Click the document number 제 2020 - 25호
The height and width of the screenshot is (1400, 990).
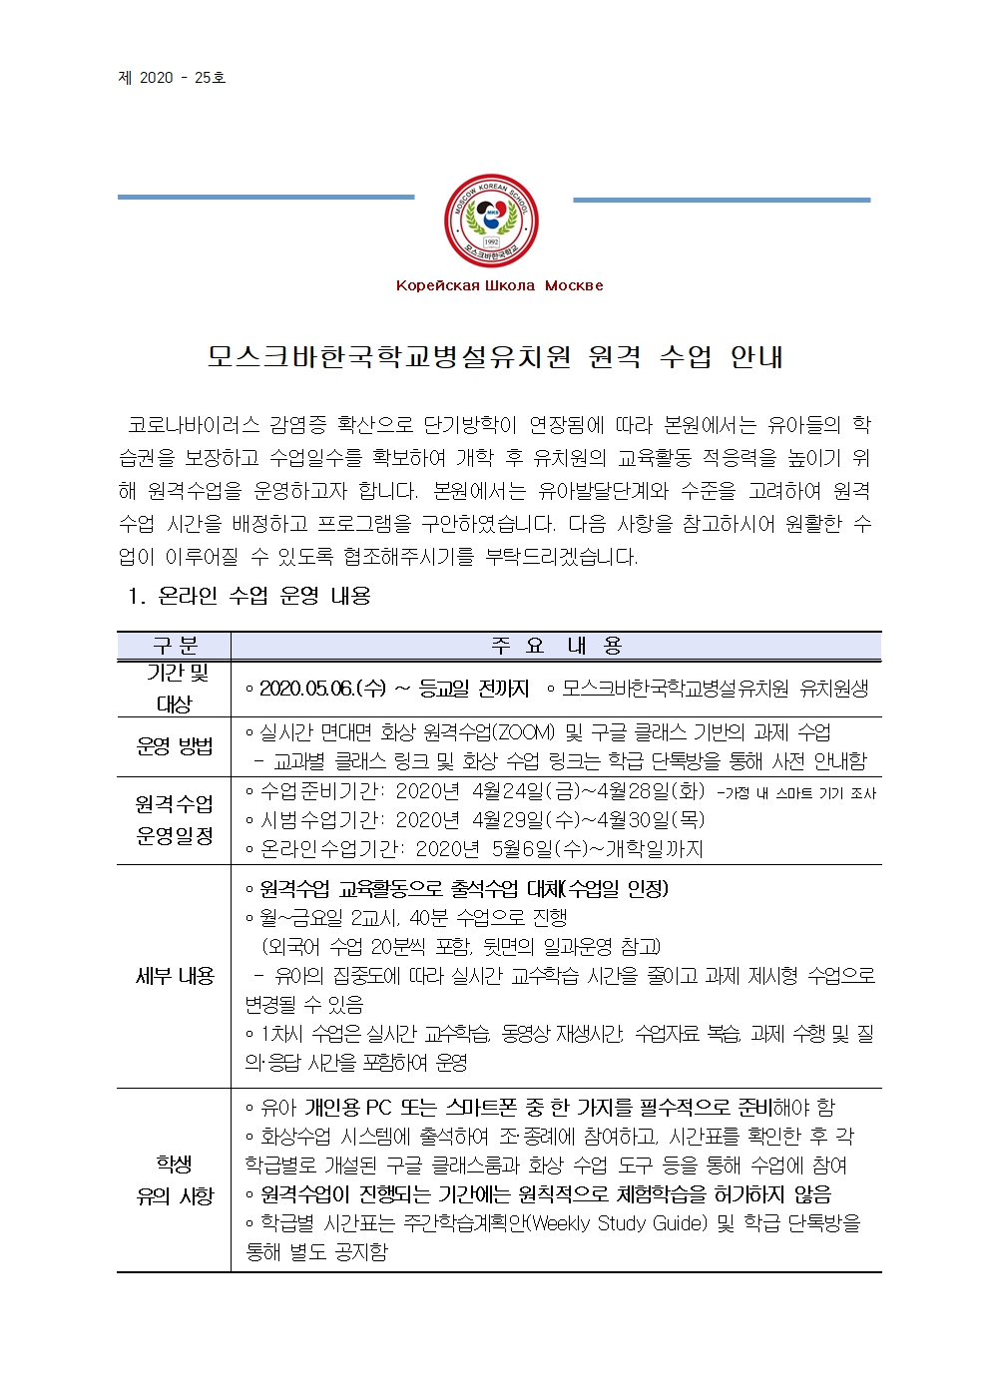pos(172,78)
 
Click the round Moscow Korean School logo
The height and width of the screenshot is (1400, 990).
pos(491,221)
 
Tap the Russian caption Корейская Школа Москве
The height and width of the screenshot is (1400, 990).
pos(499,285)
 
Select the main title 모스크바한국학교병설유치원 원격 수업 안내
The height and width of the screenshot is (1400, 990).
pos(495,356)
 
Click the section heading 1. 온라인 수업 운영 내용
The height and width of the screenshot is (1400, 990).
pos(249,596)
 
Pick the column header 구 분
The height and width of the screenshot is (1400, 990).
pos(174,646)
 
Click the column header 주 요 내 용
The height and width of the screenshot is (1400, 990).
pos(556,646)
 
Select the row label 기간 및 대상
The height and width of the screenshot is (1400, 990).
pos(174,688)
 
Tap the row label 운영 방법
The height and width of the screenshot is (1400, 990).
pos(174,745)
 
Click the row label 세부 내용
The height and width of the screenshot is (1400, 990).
pos(174,975)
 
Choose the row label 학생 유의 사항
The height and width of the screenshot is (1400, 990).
pos(174,1179)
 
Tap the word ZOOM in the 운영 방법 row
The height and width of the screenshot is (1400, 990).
pos(523,732)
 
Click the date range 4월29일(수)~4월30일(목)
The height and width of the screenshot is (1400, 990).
pos(588,820)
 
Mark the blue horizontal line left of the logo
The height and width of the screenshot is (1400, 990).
pos(265,197)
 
